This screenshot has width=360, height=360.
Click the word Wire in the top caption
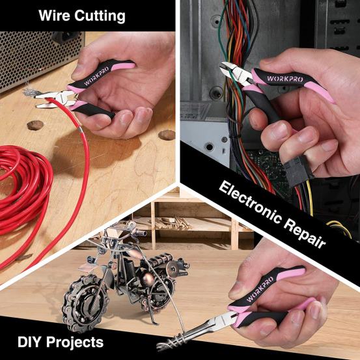click(x=55, y=16)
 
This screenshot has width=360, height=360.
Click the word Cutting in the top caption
click(x=100, y=16)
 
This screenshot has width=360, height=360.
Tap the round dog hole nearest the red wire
click(x=36, y=124)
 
